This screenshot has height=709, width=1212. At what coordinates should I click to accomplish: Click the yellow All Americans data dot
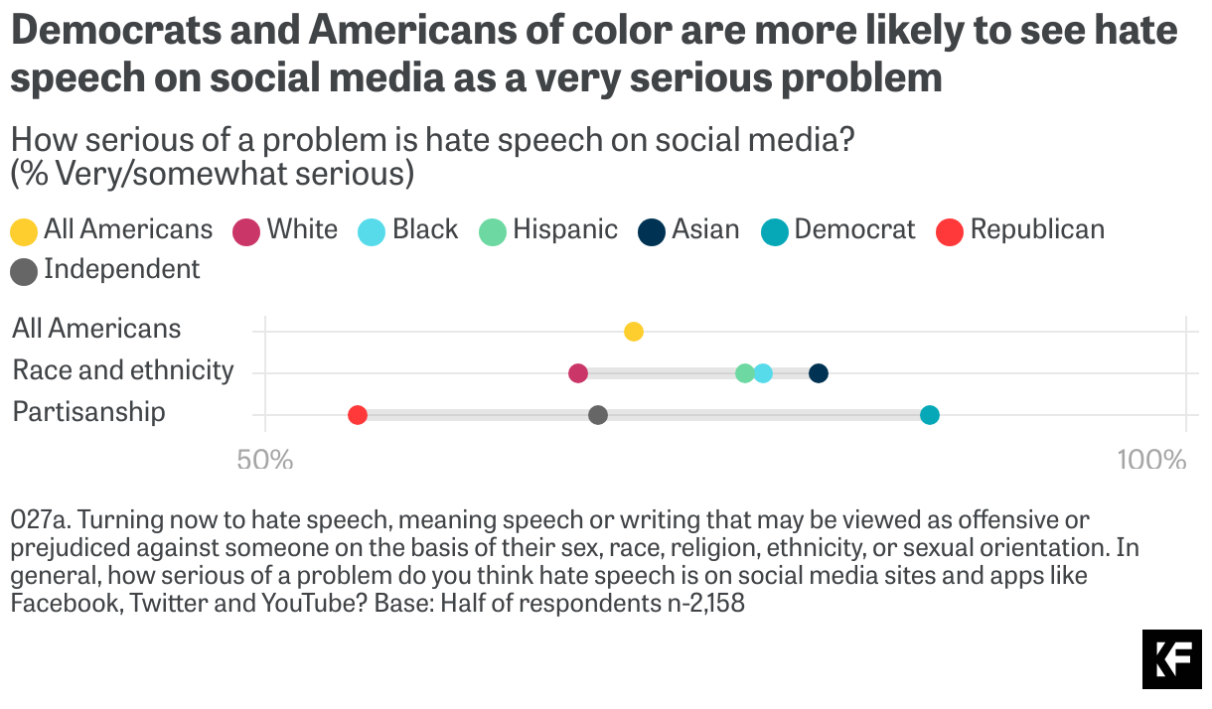(x=634, y=332)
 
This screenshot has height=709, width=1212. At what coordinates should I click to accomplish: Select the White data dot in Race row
(x=578, y=373)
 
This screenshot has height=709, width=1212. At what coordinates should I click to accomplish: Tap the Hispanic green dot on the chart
(x=745, y=373)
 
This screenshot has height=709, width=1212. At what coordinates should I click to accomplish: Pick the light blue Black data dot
(x=763, y=373)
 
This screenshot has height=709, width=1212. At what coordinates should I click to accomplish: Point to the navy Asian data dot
(x=819, y=373)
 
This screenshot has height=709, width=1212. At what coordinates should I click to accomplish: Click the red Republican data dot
(x=358, y=415)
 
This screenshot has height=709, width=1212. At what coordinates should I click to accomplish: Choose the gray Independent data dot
(x=598, y=415)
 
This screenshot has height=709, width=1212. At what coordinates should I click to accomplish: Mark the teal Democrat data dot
(x=930, y=415)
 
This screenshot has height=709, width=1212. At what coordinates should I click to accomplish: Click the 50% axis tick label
(x=265, y=461)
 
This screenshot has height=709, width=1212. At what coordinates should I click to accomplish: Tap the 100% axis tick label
(x=1151, y=461)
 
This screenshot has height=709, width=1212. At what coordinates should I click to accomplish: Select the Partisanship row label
(x=89, y=412)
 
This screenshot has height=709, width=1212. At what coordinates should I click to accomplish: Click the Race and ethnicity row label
(x=123, y=370)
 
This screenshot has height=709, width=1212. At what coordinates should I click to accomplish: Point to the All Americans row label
(x=96, y=329)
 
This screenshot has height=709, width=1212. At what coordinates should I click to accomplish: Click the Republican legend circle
(x=951, y=232)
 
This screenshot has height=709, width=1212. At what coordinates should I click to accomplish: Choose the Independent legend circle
(x=24, y=271)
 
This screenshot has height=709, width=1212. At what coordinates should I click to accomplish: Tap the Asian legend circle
(x=652, y=232)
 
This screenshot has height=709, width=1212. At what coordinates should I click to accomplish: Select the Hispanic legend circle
(x=493, y=232)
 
